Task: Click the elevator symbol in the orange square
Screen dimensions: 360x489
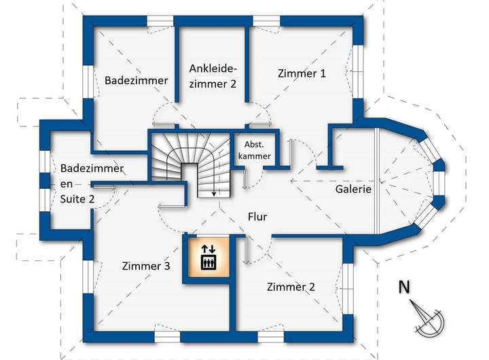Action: pos(208,257)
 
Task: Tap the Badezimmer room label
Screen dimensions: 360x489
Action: pos(136,80)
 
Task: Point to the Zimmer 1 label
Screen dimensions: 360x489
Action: pos(302,73)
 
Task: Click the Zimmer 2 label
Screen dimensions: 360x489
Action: pos(291,287)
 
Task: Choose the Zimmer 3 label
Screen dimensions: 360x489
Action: pos(146,266)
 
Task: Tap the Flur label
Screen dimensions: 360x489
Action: pos(257,217)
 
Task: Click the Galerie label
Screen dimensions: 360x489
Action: pos(353,190)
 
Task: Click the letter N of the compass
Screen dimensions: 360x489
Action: pos(403,287)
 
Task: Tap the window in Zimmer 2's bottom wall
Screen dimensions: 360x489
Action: pos(270,336)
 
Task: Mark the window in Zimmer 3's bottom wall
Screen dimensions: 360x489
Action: pos(167,336)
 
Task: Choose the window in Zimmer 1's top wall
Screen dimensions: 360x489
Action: pos(268,20)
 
